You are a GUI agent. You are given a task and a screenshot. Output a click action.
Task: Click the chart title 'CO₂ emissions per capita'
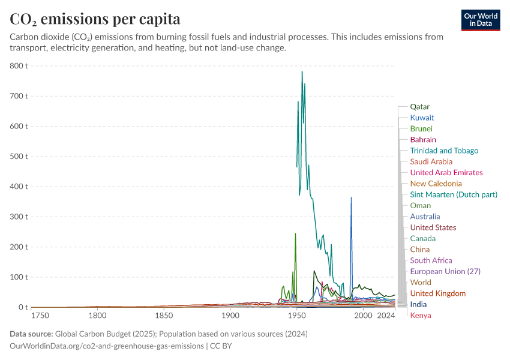pyautogui.click(x=95, y=19)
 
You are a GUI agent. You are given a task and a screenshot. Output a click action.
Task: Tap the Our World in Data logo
pyautogui.click(x=481, y=20)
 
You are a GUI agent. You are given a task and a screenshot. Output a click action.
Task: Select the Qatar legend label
pyautogui.click(x=419, y=107)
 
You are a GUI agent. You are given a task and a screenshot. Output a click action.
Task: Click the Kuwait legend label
pyautogui.click(x=422, y=118)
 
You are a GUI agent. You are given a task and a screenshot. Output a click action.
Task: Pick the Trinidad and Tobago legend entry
pyautogui.click(x=444, y=151)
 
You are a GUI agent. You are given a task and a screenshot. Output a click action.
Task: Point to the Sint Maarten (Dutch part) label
pyautogui.click(x=454, y=194)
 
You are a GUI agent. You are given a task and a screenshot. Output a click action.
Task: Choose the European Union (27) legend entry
pyautogui.click(x=445, y=271)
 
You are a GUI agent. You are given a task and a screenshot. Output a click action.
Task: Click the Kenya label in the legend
pyautogui.click(x=421, y=316)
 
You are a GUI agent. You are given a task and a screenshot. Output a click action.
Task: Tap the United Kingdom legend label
pyautogui.click(x=438, y=293)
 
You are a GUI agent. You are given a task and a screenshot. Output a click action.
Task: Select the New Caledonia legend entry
pyautogui.click(x=436, y=184)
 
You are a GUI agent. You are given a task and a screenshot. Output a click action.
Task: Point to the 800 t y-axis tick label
pyautogui.click(x=19, y=65)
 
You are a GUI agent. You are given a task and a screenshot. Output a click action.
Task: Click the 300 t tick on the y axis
pyautogui.click(x=19, y=217)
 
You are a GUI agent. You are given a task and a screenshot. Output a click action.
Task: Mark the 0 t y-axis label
pyautogui.click(x=23, y=307)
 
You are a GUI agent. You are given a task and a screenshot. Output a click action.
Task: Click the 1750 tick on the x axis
pyautogui.click(x=40, y=316)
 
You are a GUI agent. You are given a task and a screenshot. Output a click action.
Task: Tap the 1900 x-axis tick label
pyautogui.click(x=230, y=316)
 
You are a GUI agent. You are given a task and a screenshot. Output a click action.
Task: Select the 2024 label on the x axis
pyautogui.click(x=386, y=316)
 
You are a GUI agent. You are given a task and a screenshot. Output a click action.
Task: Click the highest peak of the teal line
pyautogui.click(x=302, y=71)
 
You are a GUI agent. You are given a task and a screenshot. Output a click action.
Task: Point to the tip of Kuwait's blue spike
pyautogui.click(x=351, y=197)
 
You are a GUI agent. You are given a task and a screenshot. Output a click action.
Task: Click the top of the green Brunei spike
pyautogui.click(x=295, y=233)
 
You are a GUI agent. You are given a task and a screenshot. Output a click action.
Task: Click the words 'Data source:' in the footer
pyautogui.click(x=31, y=334)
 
